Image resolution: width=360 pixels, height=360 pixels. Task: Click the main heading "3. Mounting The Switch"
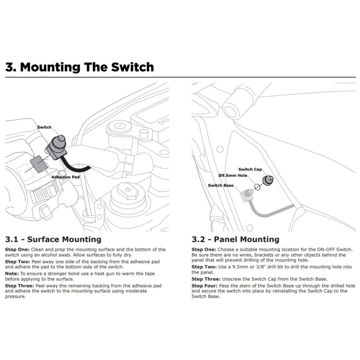tap(80, 67)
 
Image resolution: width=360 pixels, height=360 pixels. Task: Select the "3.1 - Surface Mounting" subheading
tap(53, 239)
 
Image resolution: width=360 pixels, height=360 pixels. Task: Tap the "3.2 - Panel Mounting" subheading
tap(235, 239)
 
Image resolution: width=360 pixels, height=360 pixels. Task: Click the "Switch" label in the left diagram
tap(45, 127)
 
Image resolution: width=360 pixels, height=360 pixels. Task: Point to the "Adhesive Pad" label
tap(66, 177)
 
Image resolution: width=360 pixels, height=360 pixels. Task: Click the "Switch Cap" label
tap(250, 169)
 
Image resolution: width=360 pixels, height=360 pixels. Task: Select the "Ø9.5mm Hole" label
tap(233, 175)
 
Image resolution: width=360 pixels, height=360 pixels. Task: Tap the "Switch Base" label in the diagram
tap(221, 185)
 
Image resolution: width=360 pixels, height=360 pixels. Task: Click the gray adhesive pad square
tap(39, 164)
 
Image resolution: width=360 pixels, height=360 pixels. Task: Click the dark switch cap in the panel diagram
tap(268, 180)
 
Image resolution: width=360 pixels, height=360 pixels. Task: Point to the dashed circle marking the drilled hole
tap(257, 187)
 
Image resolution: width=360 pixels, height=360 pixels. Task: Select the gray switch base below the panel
tap(247, 195)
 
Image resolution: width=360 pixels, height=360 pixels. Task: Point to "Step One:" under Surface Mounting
tap(18, 249)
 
